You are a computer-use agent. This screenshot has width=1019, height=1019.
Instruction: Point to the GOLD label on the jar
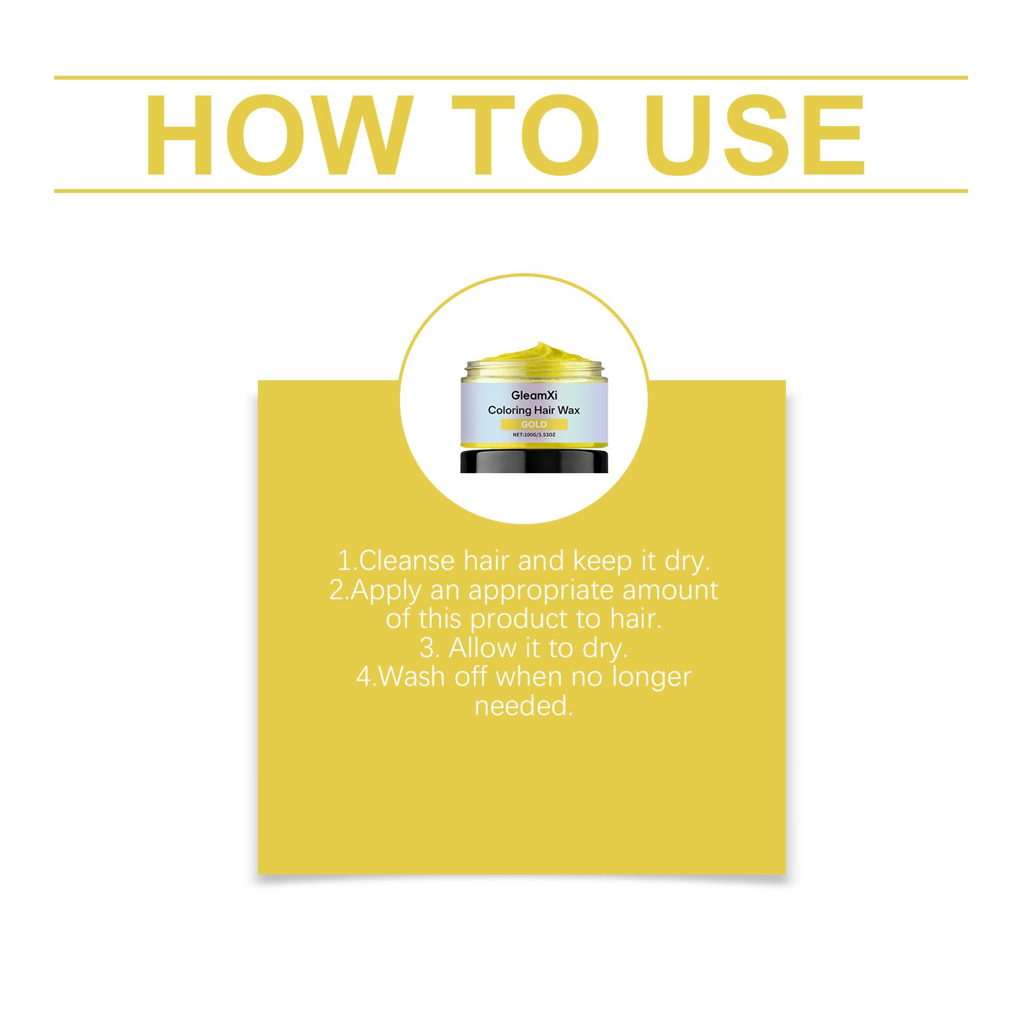tap(534, 424)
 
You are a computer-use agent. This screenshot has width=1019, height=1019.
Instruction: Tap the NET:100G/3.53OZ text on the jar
tap(534, 436)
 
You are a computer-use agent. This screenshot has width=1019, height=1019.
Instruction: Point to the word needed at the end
tap(524, 706)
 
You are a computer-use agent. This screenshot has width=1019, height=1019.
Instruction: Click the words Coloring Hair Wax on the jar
tap(534, 411)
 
